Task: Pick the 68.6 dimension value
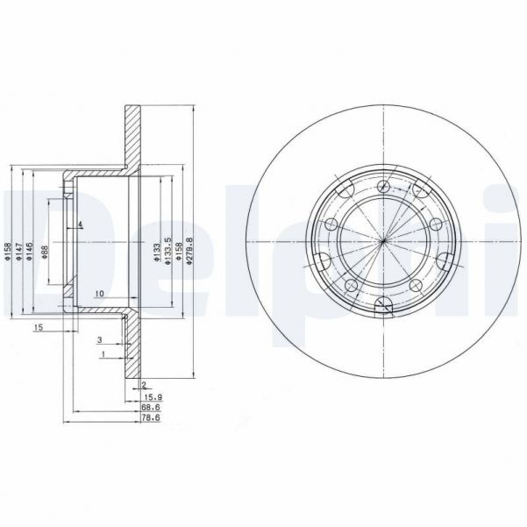[152, 408]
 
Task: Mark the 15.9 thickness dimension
[152, 395]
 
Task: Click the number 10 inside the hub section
[99, 293]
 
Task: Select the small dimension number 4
[80, 225]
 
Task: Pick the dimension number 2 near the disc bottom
[142, 384]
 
